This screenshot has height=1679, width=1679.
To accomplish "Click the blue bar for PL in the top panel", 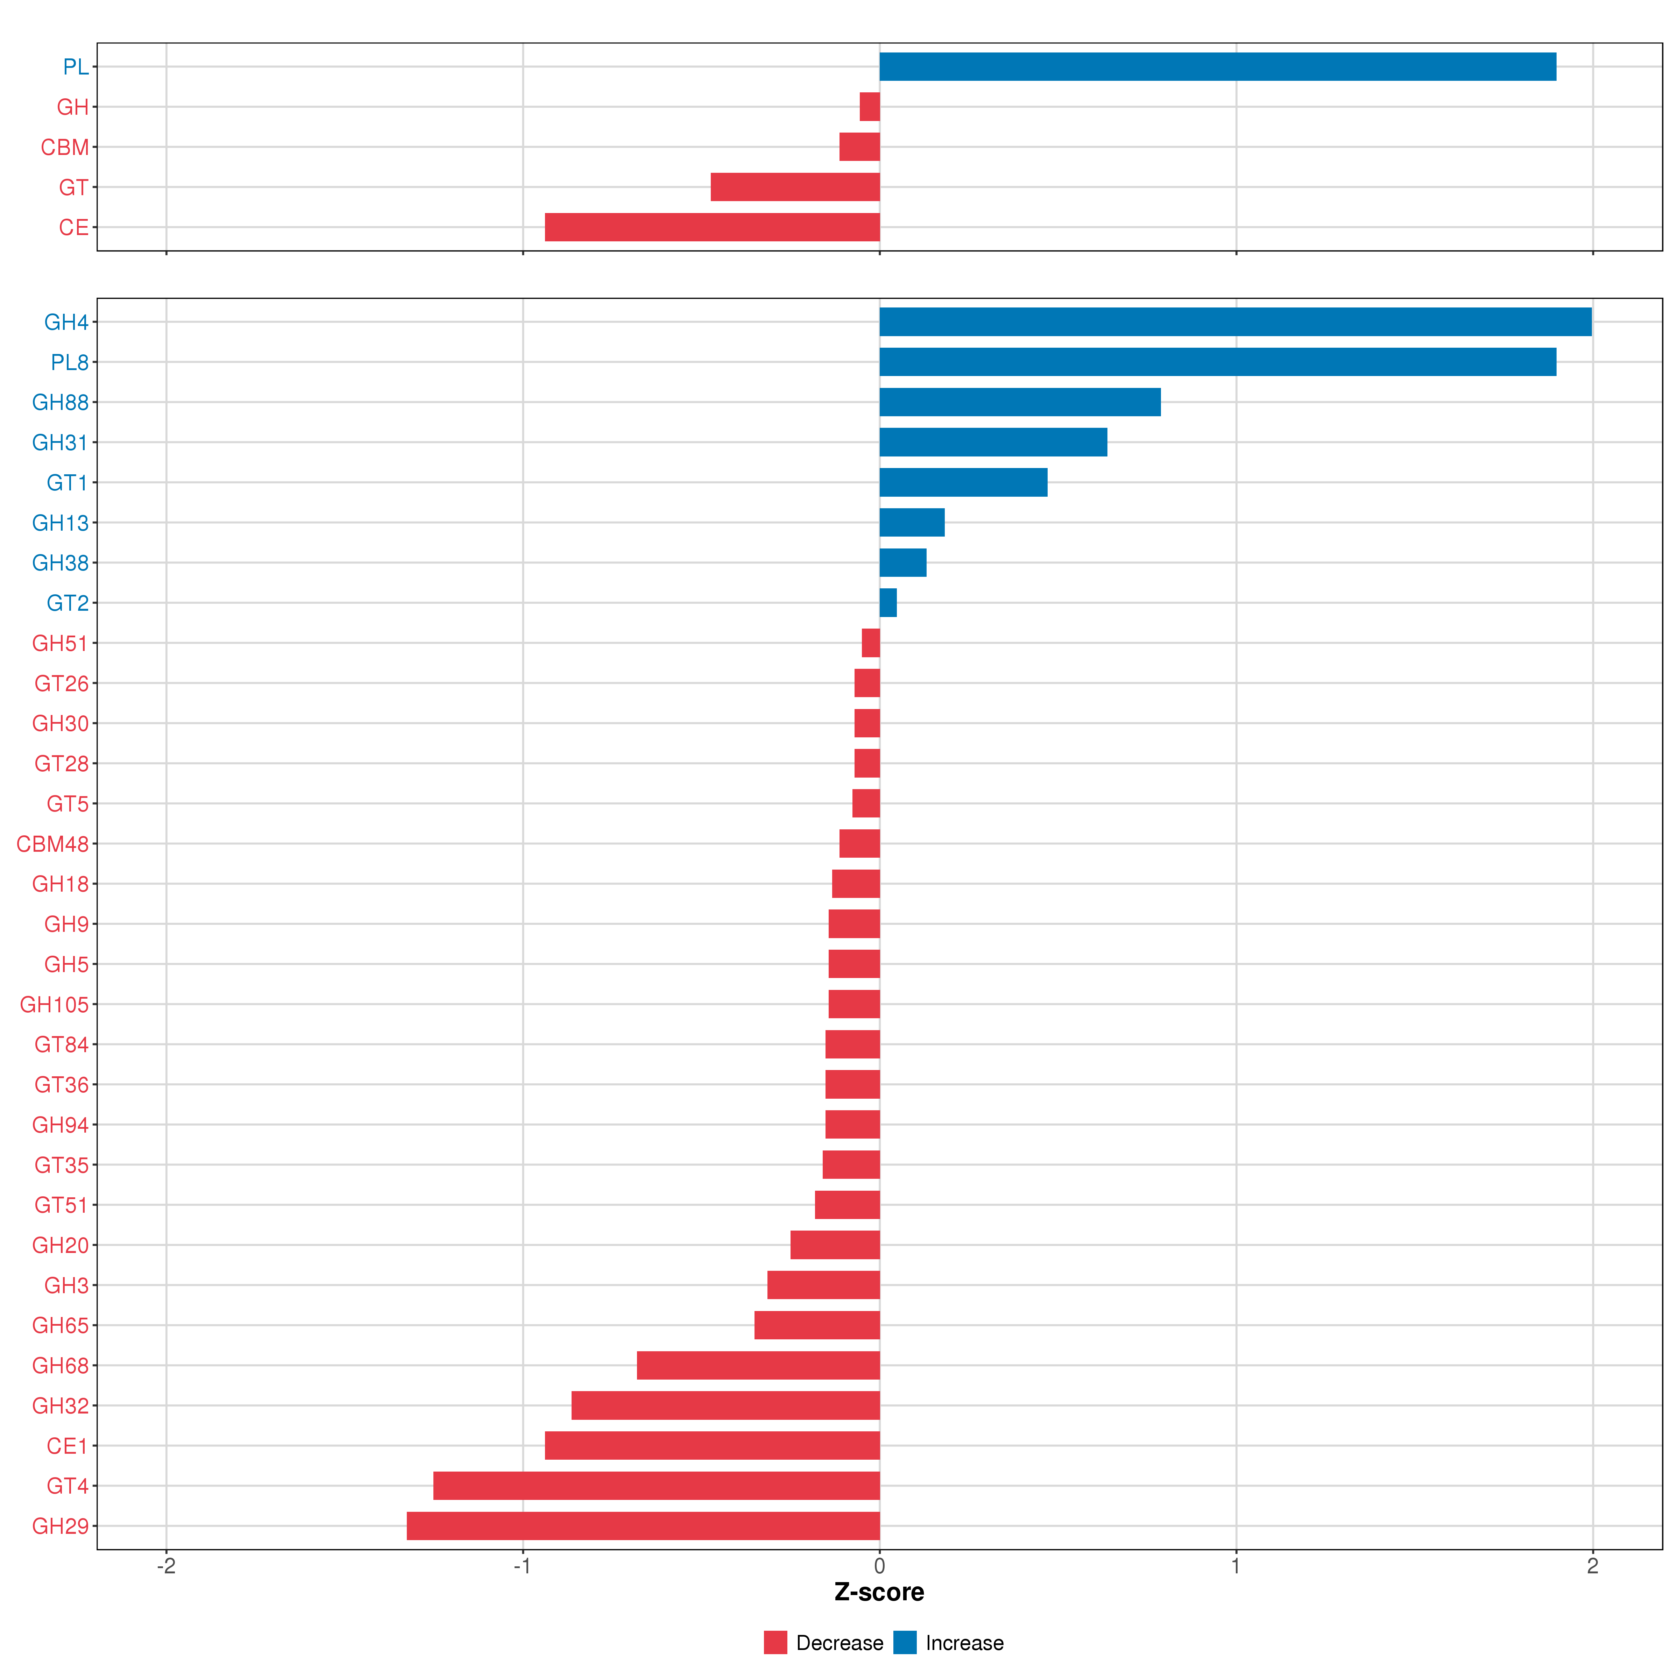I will click(x=1217, y=67).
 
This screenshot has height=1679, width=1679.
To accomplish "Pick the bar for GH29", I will click(x=643, y=1526).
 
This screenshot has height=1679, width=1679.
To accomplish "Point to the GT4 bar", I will click(x=656, y=1486).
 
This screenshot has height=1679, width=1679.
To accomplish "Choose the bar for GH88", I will click(x=1019, y=402).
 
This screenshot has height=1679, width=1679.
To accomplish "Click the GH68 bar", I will click(x=758, y=1365).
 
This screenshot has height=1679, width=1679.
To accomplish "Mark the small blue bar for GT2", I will click(x=887, y=603).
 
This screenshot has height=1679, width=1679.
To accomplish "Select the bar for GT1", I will click(x=963, y=482).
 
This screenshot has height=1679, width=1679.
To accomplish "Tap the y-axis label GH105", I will click(x=54, y=1005).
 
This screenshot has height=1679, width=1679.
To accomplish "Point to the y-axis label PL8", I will click(x=70, y=362).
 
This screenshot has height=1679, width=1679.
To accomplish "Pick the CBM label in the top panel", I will click(x=64, y=148).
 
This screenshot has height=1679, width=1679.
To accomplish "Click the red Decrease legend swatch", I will click(x=775, y=1643).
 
